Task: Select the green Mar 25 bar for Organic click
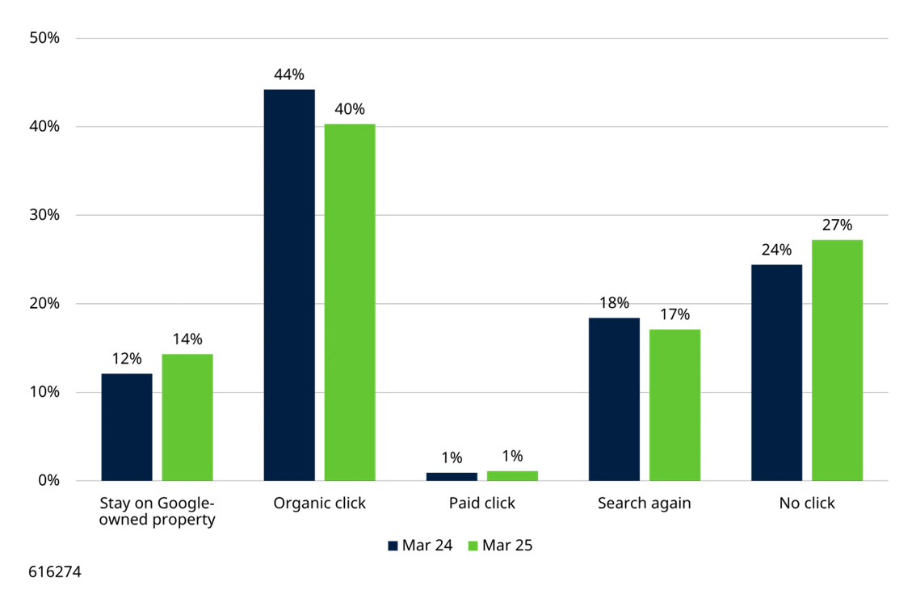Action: click(x=350, y=302)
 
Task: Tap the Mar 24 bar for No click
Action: click(x=776, y=373)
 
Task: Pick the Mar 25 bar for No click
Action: click(x=837, y=360)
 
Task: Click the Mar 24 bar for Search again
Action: click(x=614, y=399)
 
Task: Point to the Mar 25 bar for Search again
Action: click(x=674, y=405)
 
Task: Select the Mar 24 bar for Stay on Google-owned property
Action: click(x=127, y=427)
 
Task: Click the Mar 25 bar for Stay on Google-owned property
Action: click(x=187, y=417)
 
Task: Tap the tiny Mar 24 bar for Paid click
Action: click(x=452, y=477)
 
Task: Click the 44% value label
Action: click(x=289, y=75)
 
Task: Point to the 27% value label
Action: click(x=837, y=225)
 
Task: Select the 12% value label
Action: click(x=127, y=359)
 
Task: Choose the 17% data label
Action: click(x=674, y=315)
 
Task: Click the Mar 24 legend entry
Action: click(x=421, y=546)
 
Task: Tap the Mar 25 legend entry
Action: click(x=501, y=546)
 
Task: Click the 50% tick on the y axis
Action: click(x=44, y=38)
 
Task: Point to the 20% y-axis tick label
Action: click(x=44, y=304)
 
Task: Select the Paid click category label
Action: click(x=482, y=504)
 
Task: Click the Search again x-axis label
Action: click(x=645, y=504)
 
